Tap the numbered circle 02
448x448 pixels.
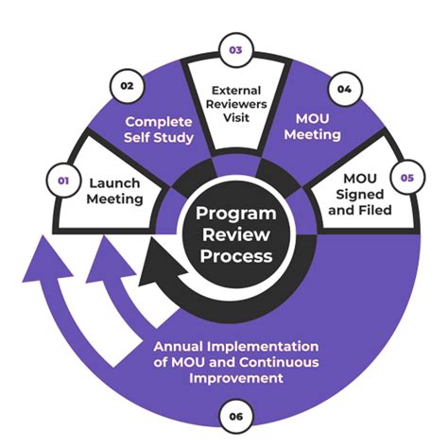127,85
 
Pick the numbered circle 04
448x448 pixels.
344,90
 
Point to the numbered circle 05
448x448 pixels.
405,176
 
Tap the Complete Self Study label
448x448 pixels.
160,130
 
